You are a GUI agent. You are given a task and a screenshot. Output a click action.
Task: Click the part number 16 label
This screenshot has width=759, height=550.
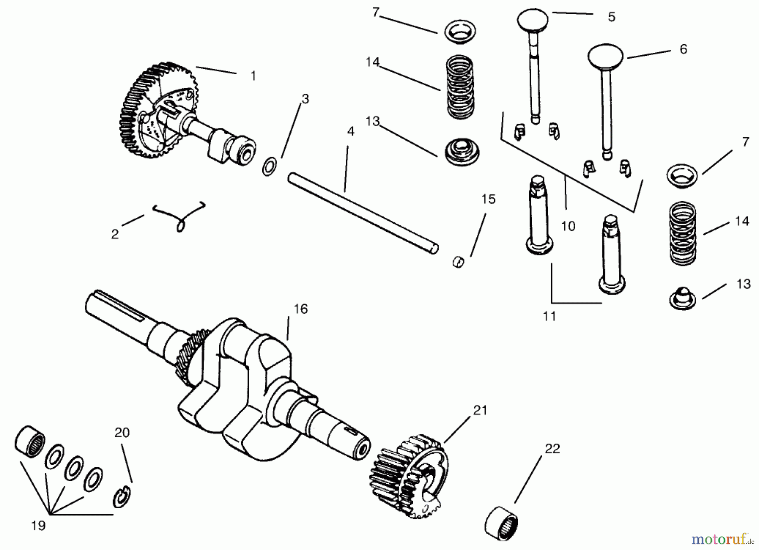300,309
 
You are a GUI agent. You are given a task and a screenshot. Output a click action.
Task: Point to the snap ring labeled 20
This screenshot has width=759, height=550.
122,497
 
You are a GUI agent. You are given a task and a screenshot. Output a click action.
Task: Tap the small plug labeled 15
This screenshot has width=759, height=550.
459,262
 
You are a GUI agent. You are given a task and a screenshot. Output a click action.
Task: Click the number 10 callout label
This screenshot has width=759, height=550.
568,226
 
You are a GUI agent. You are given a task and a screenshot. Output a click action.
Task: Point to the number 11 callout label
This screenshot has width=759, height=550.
549,316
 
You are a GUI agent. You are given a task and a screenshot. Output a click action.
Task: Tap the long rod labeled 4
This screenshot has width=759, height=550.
363,213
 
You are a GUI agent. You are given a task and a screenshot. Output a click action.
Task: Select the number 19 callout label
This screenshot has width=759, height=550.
38,526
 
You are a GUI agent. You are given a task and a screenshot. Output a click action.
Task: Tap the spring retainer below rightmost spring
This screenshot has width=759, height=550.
682,298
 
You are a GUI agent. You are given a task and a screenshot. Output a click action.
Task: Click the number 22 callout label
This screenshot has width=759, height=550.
552,449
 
